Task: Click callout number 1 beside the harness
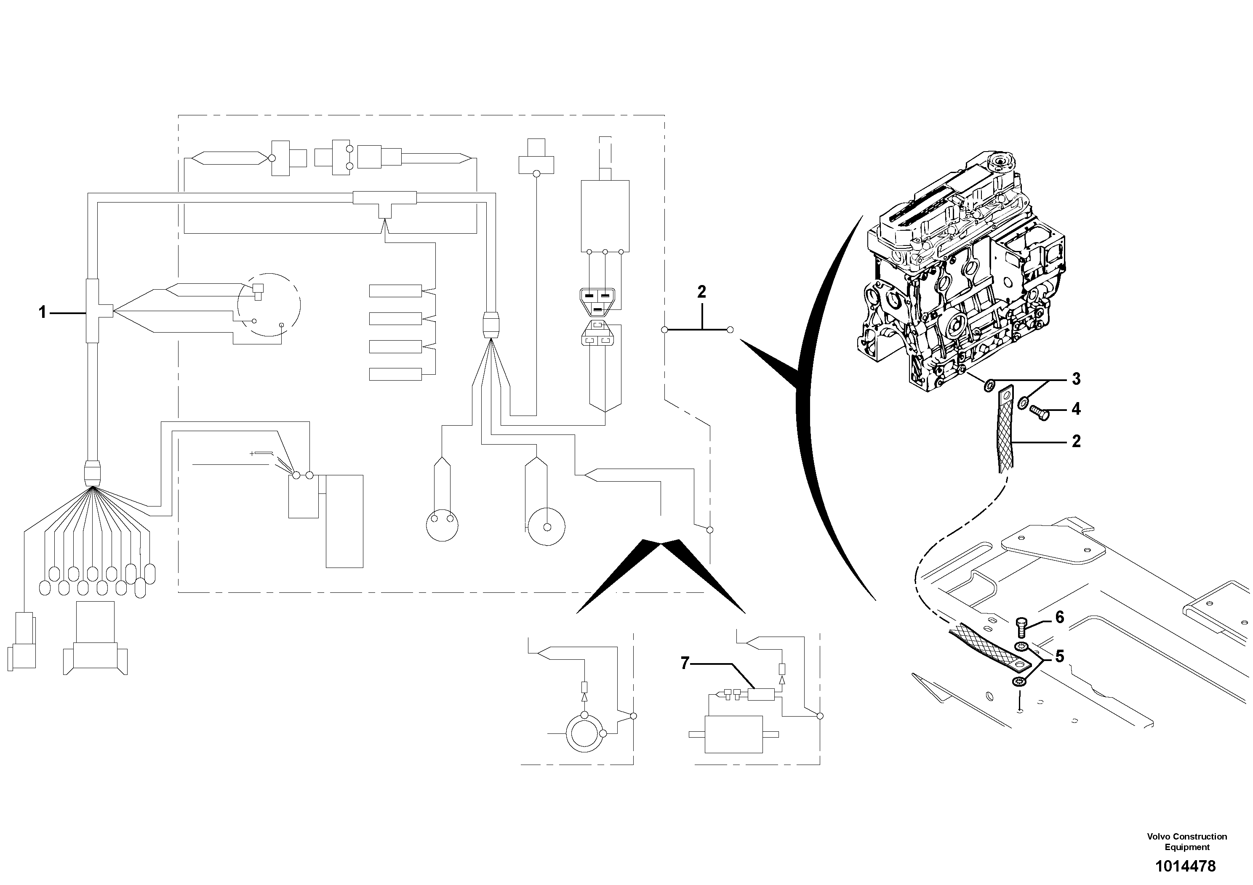(x=42, y=313)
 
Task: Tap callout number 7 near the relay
(x=685, y=664)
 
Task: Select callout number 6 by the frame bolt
(x=1059, y=617)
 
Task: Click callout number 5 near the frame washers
(x=1059, y=656)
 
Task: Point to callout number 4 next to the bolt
(x=1076, y=409)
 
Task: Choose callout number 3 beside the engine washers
(x=1076, y=379)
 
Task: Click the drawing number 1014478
(x=1185, y=866)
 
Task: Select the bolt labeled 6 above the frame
(x=1021, y=629)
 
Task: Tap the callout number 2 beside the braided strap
(x=1076, y=441)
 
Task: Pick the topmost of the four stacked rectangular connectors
(x=395, y=291)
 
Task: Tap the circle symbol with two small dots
(x=442, y=525)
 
